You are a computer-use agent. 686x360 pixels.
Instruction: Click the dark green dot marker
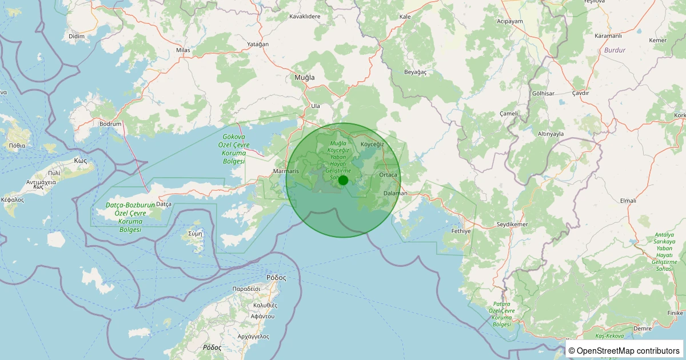(343, 180)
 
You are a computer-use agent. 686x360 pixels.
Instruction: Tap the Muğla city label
(305, 77)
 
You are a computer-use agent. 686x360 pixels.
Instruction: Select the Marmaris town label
(286, 171)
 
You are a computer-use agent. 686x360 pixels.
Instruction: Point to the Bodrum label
(110, 123)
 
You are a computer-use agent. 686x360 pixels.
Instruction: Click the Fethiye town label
(461, 231)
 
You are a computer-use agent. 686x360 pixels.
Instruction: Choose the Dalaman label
(395, 193)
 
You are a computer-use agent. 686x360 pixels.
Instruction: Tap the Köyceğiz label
(372, 145)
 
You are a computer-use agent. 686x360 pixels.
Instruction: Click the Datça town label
(164, 204)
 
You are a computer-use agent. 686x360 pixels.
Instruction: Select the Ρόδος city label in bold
(276, 277)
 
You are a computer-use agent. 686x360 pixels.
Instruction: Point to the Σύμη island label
(196, 234)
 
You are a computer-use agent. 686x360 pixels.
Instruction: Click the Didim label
(76, 36)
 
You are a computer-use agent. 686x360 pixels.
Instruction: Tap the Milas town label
(183, 50)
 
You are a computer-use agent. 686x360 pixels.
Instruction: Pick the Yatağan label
(258, 44)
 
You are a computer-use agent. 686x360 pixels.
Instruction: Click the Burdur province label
(615, 50)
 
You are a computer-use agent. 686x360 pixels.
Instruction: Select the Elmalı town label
(628, 201)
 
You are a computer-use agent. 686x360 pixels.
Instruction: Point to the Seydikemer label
(512, 224)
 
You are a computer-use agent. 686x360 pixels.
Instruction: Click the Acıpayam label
(510, 21)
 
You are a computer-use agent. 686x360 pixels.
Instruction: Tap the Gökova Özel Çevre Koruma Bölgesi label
(234, 150)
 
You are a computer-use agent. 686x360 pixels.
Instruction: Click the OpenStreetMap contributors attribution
(624, 350)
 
